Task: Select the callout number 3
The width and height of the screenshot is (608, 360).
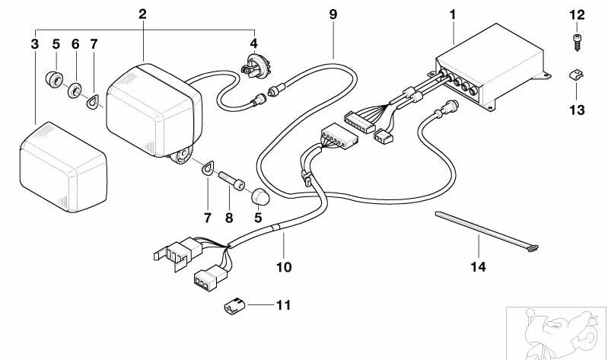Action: pyautogui.click(x=34, y=44)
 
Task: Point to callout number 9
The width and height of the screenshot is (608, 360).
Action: pyautogui.click(x=333, y=14)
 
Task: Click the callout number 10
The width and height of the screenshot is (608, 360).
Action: pyautogui.click(x=283, y=267)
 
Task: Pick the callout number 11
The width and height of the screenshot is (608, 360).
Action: pyautogui.click(x=282, y=306)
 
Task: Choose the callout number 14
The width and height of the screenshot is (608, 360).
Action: pyautogui.click(x=479, y=267)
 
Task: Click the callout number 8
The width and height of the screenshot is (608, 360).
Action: pyautogui.click(x=230, y=218)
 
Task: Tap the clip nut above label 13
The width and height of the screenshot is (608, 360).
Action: pyautogui.click(x=577, y=76)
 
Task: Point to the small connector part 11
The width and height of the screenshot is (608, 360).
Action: pyautogui.click(x=234, y=306)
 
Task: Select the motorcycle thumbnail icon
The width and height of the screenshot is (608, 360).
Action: pyautogui.click(x=558, y=333)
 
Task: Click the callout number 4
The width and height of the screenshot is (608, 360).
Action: pyautogui.click(x=254, y=44)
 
